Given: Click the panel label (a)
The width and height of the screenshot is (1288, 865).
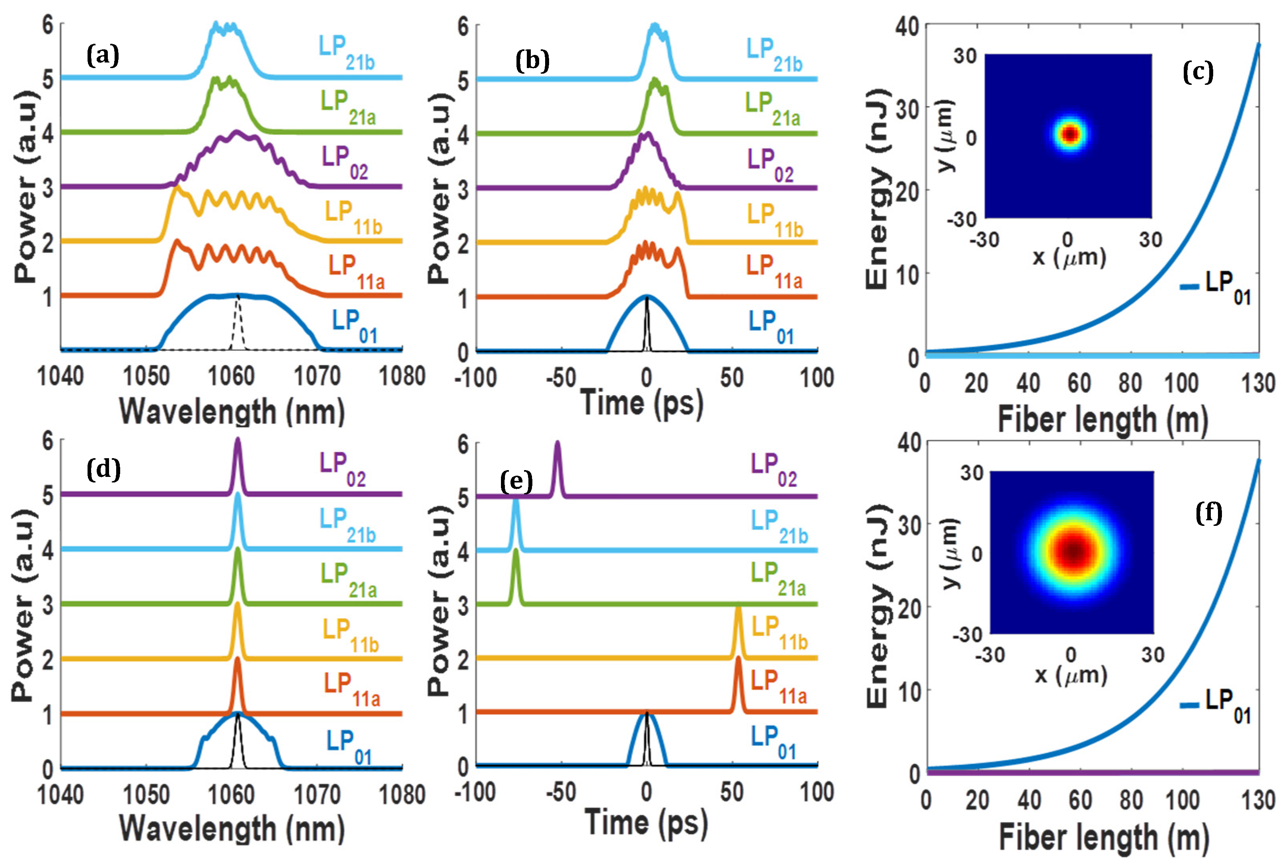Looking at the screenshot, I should point(103,56).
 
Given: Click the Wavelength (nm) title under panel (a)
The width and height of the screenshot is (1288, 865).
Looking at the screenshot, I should point(232,412).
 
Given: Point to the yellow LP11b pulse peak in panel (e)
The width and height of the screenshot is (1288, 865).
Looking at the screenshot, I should point(738,609).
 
